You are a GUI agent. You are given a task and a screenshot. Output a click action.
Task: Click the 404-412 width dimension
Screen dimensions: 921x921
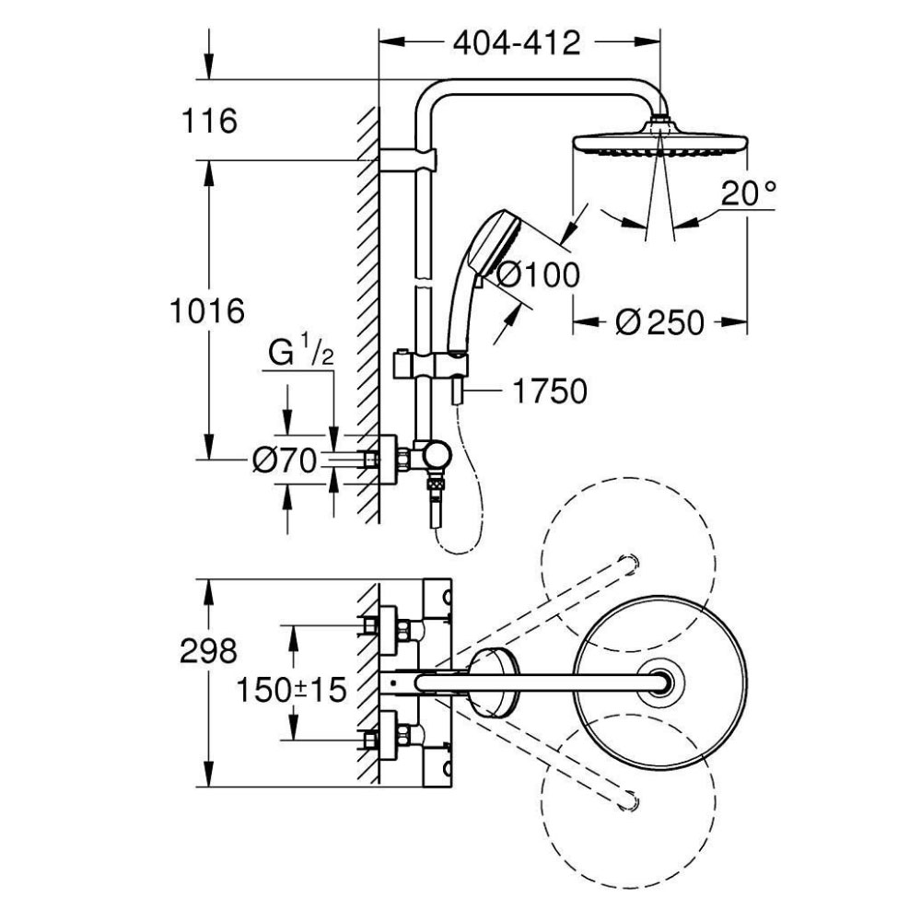click(x=517, y=43)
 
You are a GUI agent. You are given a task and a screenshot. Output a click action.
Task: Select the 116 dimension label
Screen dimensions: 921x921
click(x=209, y=121)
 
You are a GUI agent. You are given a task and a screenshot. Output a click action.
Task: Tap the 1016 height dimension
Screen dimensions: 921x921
click(x=206, y=310)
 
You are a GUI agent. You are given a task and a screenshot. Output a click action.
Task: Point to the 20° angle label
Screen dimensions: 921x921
click(x=748, y=193)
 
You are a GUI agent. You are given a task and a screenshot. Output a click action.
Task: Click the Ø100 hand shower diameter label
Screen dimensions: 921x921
click(x=538, y=274)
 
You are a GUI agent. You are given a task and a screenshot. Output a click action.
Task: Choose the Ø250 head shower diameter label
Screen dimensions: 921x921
click(x=659, y=322)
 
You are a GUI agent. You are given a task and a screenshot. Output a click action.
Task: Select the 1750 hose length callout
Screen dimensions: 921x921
click(x=550, y=391)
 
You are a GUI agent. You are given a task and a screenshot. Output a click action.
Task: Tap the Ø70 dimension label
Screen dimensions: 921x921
click(x=285, y=460)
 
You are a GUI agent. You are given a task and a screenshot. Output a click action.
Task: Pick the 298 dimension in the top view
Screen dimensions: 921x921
click(x=208, y=651)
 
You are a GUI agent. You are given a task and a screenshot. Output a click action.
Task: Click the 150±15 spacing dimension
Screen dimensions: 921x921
click(x=291, y=690)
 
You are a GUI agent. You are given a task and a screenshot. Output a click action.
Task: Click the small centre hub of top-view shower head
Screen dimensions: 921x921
click(x=660, y=682)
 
